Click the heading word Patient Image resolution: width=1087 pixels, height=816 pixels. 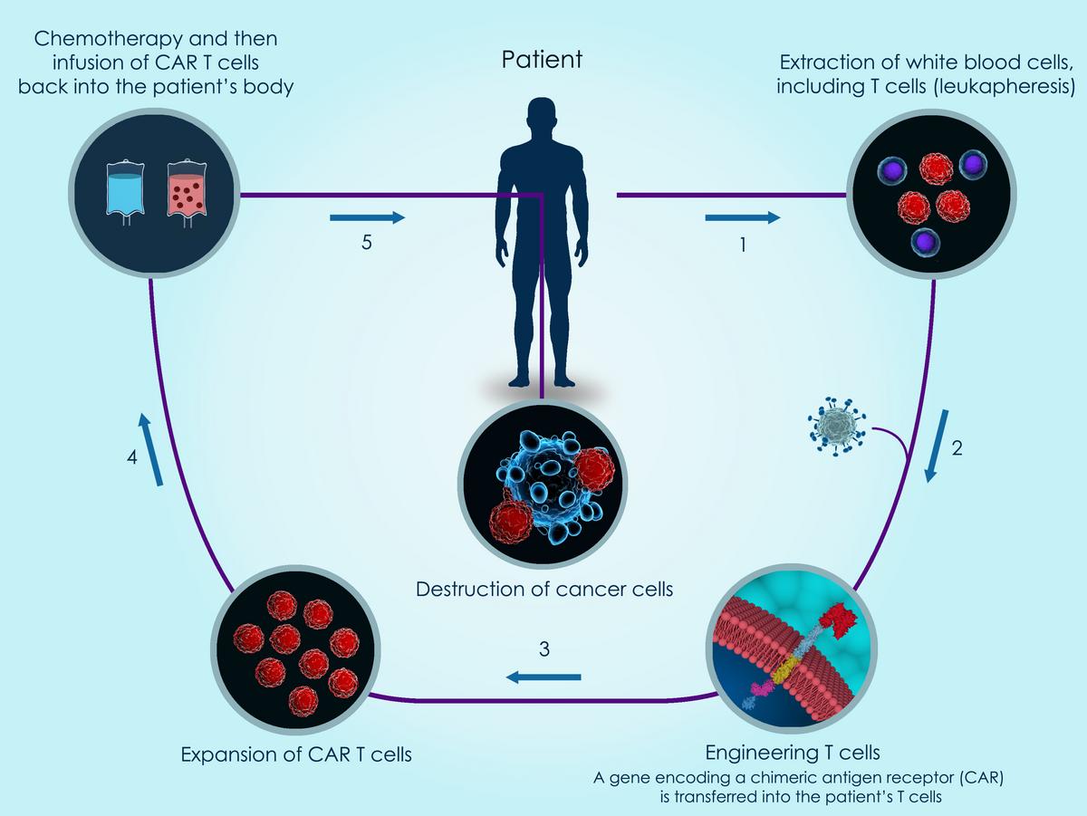click(542, 61)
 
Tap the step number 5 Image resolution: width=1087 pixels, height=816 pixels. click(366, 244)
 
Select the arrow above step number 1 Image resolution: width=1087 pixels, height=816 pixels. click(742, 217)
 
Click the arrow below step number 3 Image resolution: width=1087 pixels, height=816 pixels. click(543, 677)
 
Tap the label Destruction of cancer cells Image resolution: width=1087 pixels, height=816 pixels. click(544, 589)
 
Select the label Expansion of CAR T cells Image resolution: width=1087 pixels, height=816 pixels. click(296, 754)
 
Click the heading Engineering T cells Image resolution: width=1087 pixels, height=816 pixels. click(793, 752)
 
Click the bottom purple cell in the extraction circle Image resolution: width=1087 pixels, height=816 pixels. click(924, 242)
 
